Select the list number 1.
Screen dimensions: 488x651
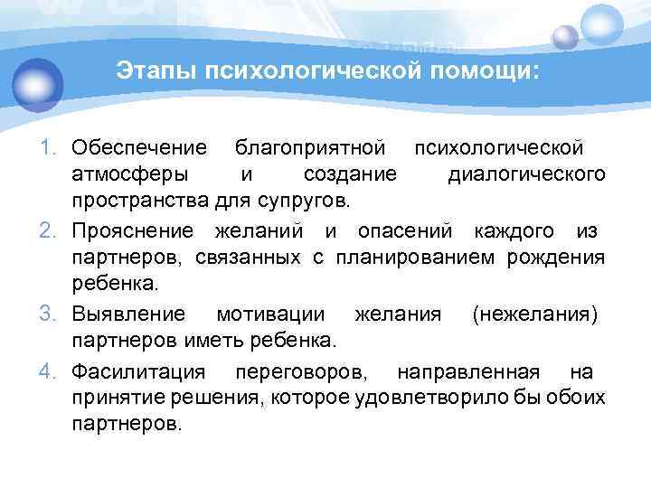click(x=52, y=146)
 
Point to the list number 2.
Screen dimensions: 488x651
click(x=52, y=231)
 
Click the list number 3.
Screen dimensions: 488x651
click(x=52, y=314)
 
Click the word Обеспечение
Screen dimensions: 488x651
click(x=140, y=146)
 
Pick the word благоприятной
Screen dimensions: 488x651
click(x=310, y=146)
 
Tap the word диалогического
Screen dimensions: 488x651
click(x=527, y=173)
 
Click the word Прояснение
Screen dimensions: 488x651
click(x=135, y=231)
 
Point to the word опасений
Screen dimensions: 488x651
click(x=411, y=231)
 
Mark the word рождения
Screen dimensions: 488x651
click(x=561, y=258)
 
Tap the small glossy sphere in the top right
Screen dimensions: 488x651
click(x=565, y=37)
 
